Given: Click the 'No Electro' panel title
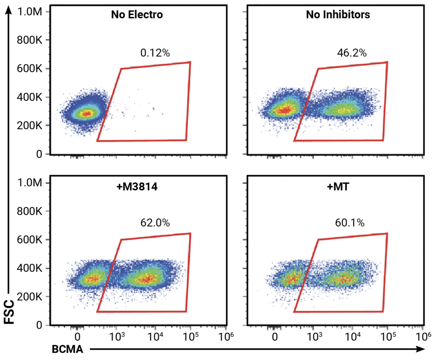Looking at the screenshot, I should (137, 15).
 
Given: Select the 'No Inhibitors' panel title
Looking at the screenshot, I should (338, 15).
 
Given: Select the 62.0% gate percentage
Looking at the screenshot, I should (155, 223).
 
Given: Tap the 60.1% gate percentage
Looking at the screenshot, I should (349, 223).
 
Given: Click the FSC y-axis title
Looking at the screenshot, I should (10, 312).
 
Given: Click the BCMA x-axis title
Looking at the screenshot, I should (67, 349).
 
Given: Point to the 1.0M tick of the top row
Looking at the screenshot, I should (29, 12).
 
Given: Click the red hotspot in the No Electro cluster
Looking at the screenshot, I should (86, 114).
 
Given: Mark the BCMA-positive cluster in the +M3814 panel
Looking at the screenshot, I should (145, 278).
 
